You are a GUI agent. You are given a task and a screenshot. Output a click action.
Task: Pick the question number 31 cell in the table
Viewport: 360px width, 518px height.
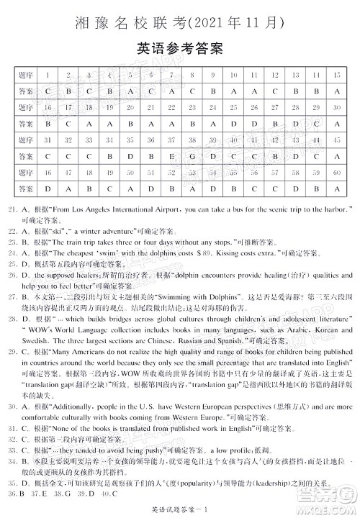[48, 139]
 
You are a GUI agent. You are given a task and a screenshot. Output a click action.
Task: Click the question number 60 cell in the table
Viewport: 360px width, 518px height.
[336, 172]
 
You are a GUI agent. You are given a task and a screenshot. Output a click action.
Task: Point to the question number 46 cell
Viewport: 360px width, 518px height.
[48, 172]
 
